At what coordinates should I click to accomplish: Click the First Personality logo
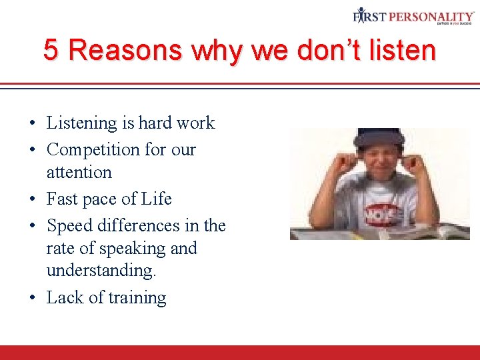(x=413, y=16)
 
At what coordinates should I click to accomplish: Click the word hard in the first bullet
(x=155, y=123)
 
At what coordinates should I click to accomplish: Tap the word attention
(x=79, y=172)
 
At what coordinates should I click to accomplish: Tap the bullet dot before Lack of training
(x=32, y=298)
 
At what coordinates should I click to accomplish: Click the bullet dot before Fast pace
(x=32, y=199)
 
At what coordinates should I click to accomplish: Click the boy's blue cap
(x=379, y=136)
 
